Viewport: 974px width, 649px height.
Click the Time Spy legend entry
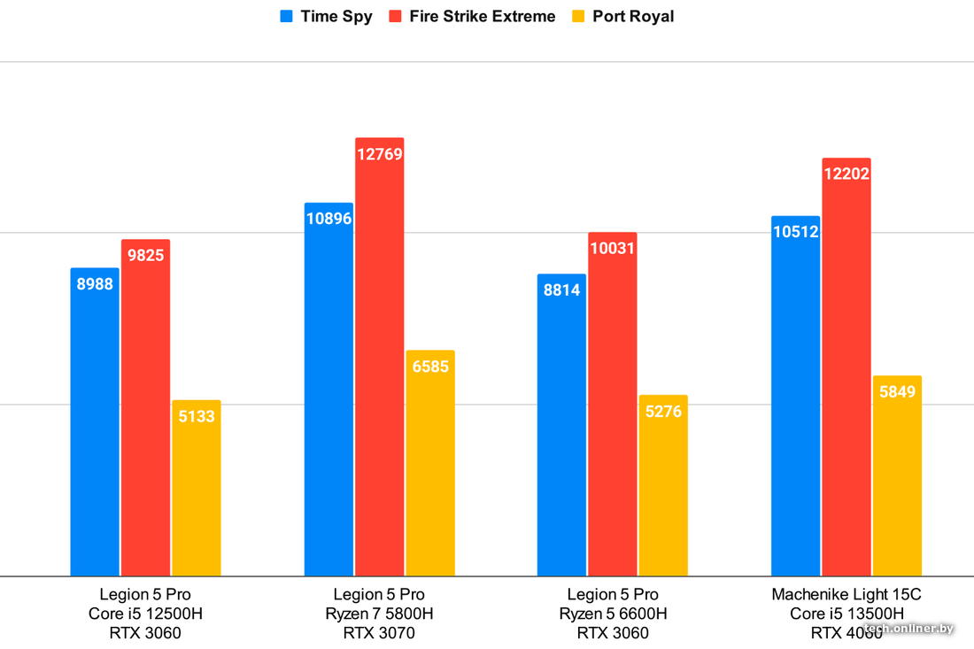(326, 17)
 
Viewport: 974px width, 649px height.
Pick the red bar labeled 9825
(145, 407)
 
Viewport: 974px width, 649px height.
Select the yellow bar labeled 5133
(197, 488)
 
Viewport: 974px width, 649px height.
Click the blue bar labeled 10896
(329, 390)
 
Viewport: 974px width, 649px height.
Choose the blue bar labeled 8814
(561, 425)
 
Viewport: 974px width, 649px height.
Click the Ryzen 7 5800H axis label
(379, 614)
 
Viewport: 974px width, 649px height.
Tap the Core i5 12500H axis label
(145, 614)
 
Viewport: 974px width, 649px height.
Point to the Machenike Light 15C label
(846, 594)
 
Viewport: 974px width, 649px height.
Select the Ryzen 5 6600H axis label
(613, 614)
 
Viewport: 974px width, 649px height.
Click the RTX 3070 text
(379, 633)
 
